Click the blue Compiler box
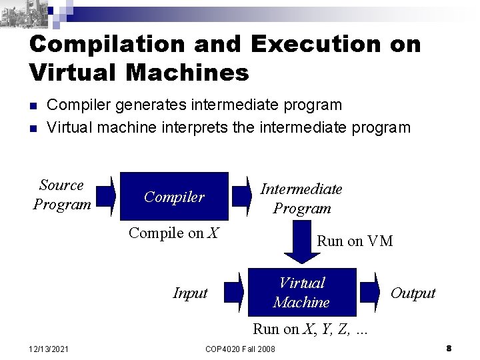pyautogui.click(x=174, y=196)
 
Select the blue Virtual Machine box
pyautogui.click(x=302, y=293)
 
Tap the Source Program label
pyautogui.click(x=61, y=195)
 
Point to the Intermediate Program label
pyautogui.click(x=301, y=199)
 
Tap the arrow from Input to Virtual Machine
pyautogui.click(x=234, y=293)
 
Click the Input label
pyautogui.click(x=190, y=293)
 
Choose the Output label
pyautogui.click(x=413, y=293)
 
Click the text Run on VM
pyautogui.click(x=355, y=241)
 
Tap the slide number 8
pyautogui.click(x=449, y=348)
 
